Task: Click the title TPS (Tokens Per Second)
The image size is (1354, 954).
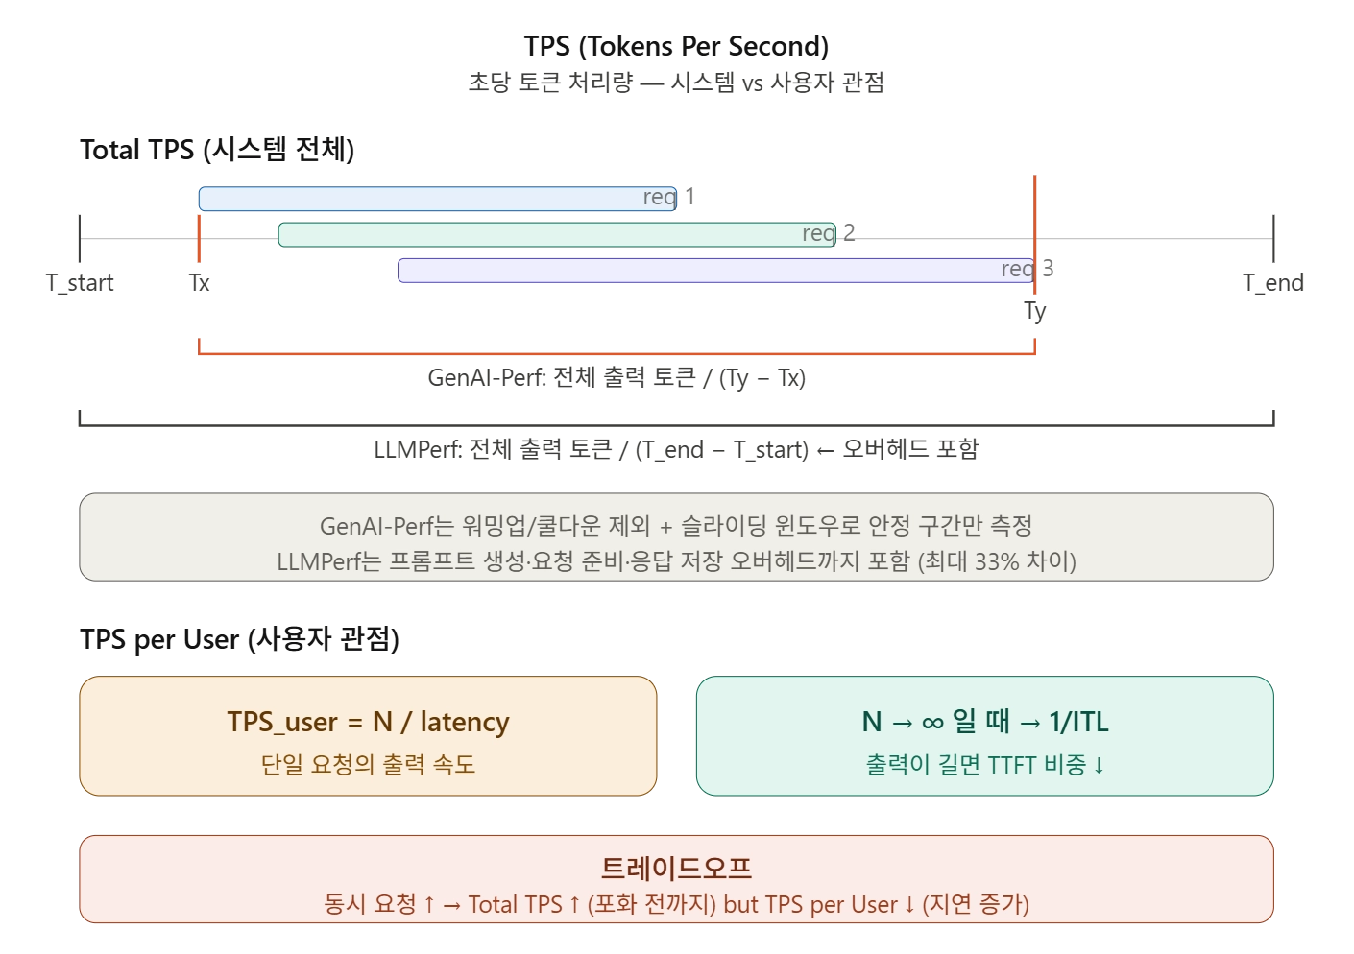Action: (x=676, y=46)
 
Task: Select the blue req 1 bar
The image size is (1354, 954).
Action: (x=423, y=199)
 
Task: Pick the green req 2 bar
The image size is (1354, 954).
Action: (x=538, y=234)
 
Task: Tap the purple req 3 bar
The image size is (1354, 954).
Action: (x=691, y=270)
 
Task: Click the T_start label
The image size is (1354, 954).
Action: (x=80, y=283)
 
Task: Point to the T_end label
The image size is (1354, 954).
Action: (x=1272, y=283)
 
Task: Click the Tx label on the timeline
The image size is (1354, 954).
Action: (x=199, y=283)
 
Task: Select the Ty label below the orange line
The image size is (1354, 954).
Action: (x=1034, y=311)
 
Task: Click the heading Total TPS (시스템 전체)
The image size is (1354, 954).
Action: (x=217, y=150)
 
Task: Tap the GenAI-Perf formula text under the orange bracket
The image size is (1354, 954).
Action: (x=617, y=378)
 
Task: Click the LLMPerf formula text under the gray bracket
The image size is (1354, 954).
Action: (x=676, y=449)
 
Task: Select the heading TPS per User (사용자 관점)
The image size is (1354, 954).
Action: (x=239, y=639)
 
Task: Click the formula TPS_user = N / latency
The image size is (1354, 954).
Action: (x=368, y=722)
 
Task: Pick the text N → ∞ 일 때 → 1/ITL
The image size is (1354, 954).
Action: (x=985, y=722)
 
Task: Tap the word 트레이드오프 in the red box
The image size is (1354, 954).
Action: (x=676, y=868)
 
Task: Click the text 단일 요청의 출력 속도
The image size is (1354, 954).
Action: (x=368, y=765)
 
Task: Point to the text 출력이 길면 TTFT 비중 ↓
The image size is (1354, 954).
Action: (x=985, y=765)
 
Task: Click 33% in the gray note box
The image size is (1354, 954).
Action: (x=996, y=561)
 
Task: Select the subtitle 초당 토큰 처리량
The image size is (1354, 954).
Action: (x=550, y=83)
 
